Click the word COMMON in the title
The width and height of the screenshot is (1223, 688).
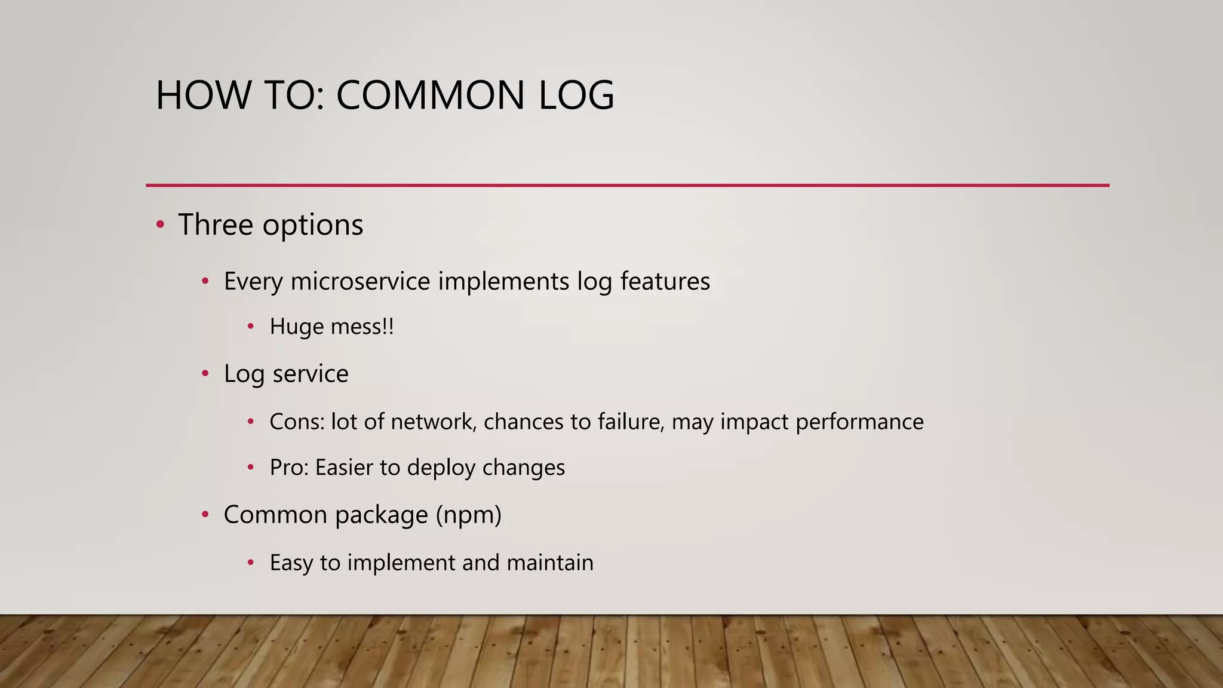[431, 96]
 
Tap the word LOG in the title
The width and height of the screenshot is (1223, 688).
[576, 96]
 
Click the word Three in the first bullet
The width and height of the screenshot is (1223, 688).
[216, 225]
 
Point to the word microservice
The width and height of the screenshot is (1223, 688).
[360, 281]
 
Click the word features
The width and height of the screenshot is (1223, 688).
[665, 281]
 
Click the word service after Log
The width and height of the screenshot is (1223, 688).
[310, 374]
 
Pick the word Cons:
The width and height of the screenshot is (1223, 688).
[297, 422]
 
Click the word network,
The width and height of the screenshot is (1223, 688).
[433, 422]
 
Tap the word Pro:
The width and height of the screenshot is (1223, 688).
[289, 468]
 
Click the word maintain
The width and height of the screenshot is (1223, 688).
[549, 563]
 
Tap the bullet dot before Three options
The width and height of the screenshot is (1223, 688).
[159, 225]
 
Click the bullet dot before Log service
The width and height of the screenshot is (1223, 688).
[205, 374]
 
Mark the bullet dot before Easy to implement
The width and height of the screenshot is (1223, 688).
[251, 563]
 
